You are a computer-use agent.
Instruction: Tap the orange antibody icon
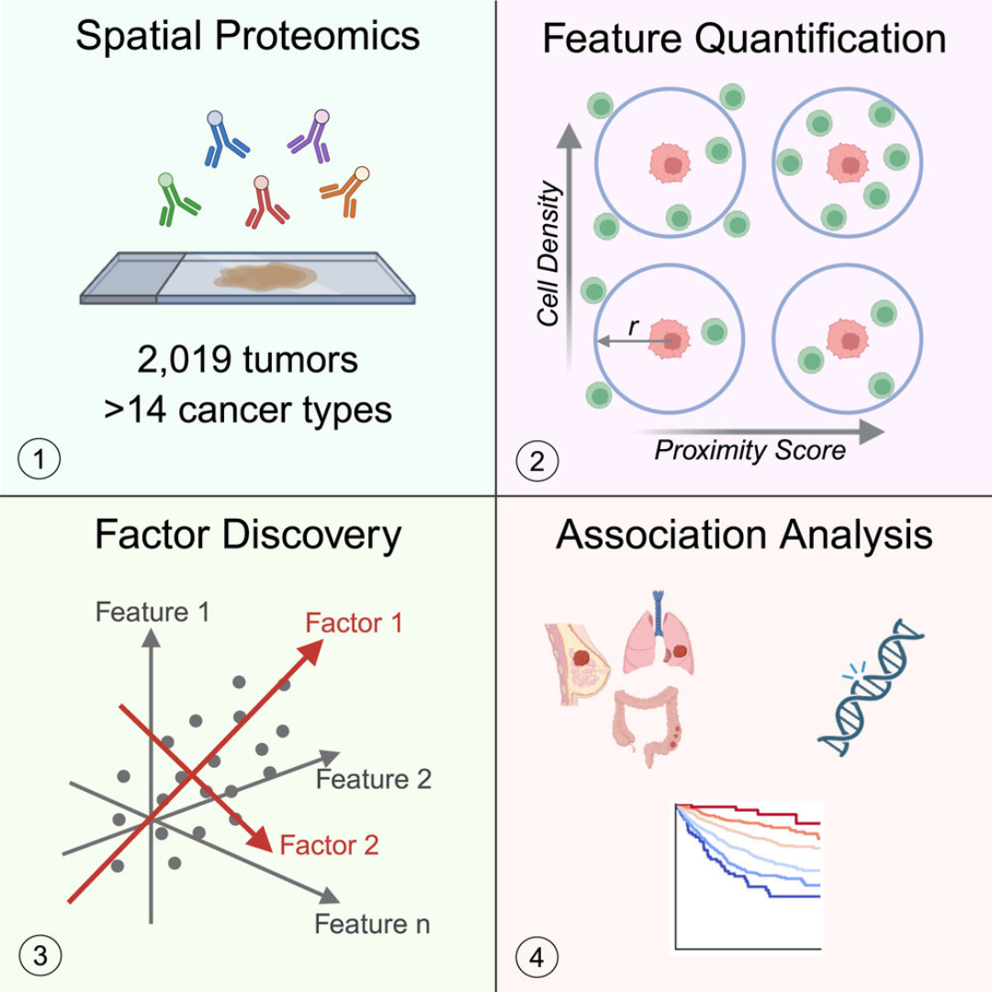click(345, 192)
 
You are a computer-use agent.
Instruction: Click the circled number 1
click(39, 457)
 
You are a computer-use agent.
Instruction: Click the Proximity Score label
click(750, 451)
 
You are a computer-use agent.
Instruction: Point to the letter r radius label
click(634, 325)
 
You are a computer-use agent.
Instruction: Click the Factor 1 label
click(355, 624)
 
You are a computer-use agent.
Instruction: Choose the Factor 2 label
click(329, 844)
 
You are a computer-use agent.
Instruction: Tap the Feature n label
click(372, 923)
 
